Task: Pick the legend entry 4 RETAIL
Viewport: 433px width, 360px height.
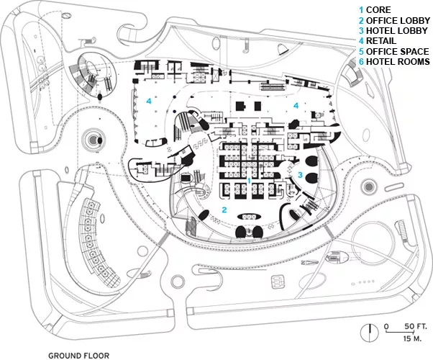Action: click(x=380, y=42)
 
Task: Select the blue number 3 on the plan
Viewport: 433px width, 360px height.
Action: click(x=300, y=174)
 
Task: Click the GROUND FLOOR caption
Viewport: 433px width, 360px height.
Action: click(x=78, y=355)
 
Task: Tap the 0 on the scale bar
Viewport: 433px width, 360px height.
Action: click(x=386, y=327)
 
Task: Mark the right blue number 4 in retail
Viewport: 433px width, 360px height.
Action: click(x=295, y=105)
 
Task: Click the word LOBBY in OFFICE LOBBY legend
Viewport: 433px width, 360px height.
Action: click(x=411, y=20)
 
